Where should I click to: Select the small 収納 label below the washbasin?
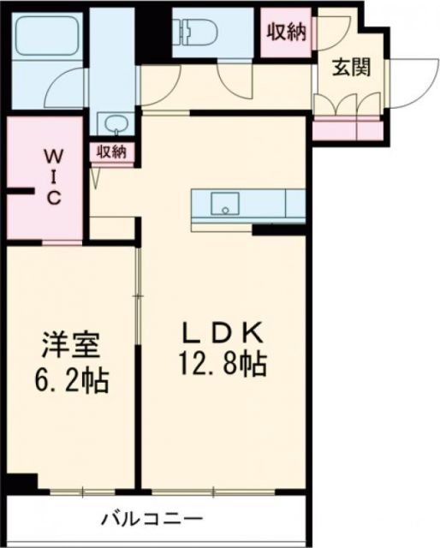(x=111, y=152)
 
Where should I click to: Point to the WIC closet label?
(x=52, y=176)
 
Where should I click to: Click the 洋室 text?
(x=73, y=347)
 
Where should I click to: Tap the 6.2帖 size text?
(x=74, y=379)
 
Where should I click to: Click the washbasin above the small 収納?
(x=112, y=126)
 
